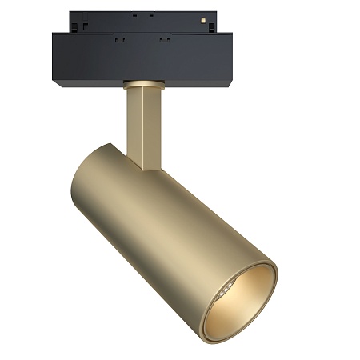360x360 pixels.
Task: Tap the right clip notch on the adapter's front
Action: click(164, 38)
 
